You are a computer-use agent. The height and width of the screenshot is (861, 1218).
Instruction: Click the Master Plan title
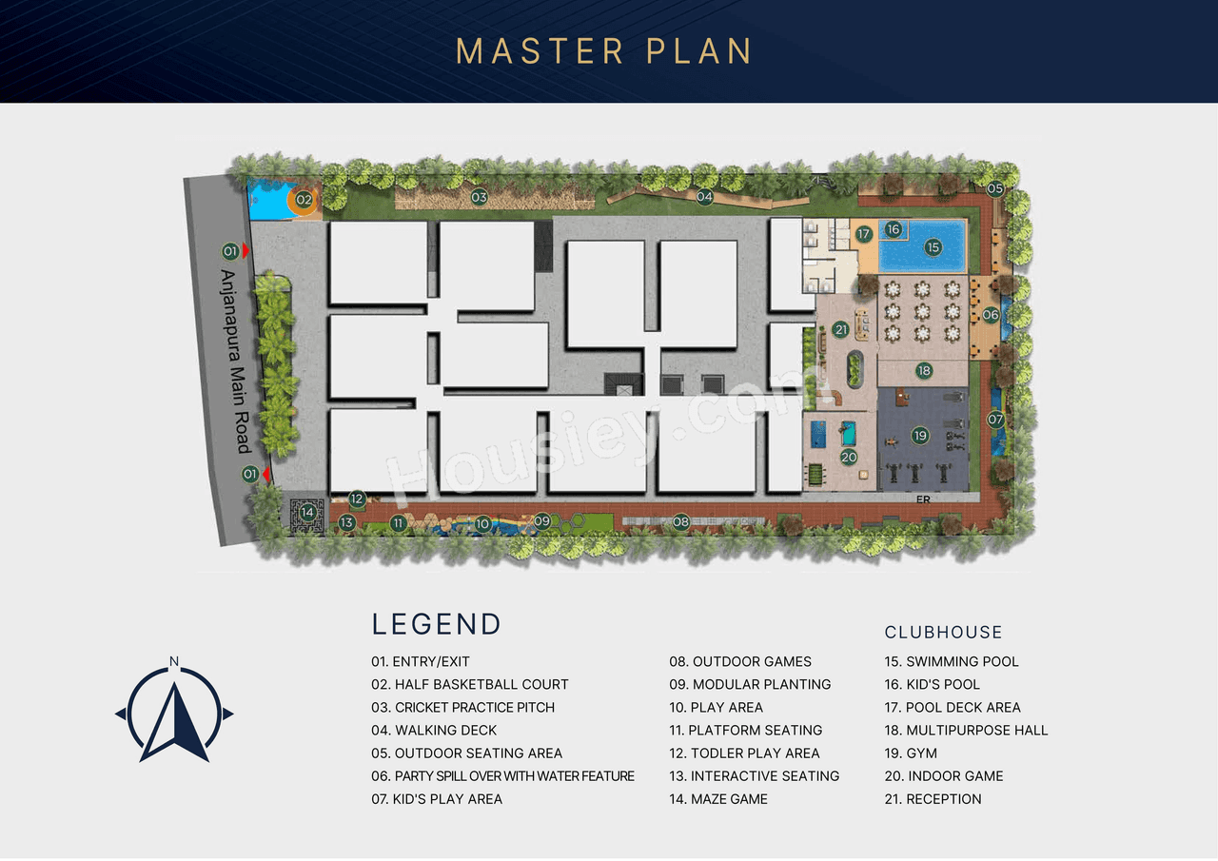[603, 51]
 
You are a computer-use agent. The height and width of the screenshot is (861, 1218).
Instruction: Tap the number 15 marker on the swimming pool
[933, 247]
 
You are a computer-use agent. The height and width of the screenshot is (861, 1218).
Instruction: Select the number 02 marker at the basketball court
[303, 200]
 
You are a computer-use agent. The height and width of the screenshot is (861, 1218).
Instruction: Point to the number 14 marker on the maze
[306, 513]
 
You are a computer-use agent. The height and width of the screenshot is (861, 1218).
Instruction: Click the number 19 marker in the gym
[919, 436]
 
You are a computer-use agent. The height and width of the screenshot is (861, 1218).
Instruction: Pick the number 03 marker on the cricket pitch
[479, 198]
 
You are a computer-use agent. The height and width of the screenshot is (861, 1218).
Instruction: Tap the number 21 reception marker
[840, 330]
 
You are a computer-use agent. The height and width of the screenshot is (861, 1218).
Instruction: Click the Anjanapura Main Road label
[234, 362]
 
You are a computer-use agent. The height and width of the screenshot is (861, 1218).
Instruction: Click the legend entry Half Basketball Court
[470, 684]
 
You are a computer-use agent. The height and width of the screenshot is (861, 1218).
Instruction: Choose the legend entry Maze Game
[718, 799]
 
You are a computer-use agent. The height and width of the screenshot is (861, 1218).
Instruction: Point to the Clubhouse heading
[943, 633]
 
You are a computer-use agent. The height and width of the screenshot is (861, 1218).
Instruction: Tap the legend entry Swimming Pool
[952, 661]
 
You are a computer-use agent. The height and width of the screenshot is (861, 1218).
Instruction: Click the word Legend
[436, 624]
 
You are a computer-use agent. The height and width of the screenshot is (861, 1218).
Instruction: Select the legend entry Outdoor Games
[740, 661]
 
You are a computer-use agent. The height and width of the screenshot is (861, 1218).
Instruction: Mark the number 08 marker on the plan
[680, 521]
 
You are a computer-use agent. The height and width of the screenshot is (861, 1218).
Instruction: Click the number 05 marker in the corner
[994, 189]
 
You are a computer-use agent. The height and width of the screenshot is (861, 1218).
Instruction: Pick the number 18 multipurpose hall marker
[924, 371]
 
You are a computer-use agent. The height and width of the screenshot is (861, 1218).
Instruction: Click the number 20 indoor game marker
[849, 457]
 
